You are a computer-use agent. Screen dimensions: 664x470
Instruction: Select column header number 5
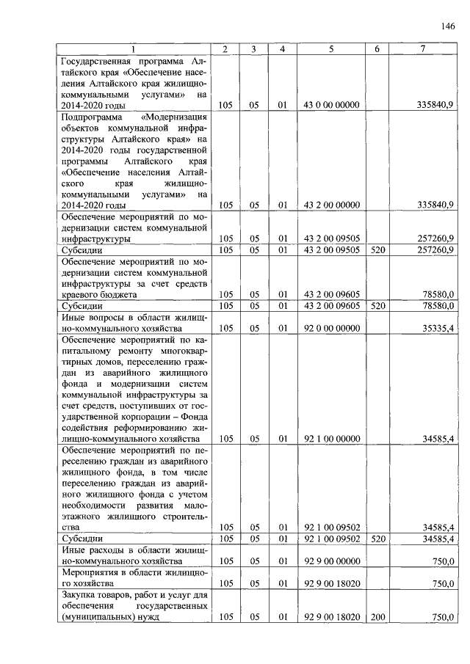pyautogui.click(x=330, y=49)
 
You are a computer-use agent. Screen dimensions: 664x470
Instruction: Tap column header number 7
pyautogui.click(x=422, y=49)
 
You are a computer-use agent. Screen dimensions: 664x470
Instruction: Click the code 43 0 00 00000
pyautogui.click(x=330, y=106)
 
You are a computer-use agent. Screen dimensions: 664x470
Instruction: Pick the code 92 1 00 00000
pyautogui.click(x=330, y=439)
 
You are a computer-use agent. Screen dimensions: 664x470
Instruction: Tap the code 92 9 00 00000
pyautogui.click(x=330, y=561)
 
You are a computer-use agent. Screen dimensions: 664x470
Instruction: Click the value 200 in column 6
pyautogui.click(x=377, y=617)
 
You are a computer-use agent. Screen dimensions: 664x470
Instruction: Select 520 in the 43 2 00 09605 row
pyautogui.click(x=377, y=305)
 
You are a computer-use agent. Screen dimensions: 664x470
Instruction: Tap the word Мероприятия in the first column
pyautogui.click(x=93, y=572)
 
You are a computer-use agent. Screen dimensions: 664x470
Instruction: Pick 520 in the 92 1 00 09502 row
pyautogui.click(x=377, y=539)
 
